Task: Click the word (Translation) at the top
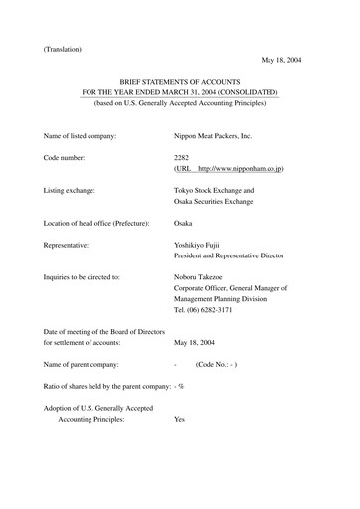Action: [x=62, y=49]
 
